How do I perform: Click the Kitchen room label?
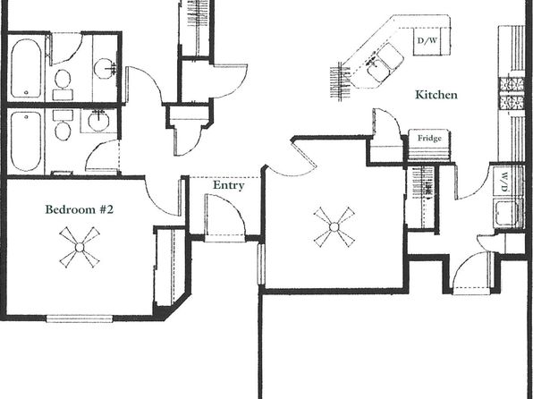pos(436,95)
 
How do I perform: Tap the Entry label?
pos(228,185)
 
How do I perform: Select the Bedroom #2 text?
pos(80,209)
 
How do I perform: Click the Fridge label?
pos(429,138)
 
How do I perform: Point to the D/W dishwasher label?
pos(427,41)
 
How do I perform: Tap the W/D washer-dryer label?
pos(504,182)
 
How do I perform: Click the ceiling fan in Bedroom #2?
pos(80,247)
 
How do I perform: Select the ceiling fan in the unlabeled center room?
pos(334,227)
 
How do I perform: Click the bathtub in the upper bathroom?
pos(26,68)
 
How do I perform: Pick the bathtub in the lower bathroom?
pos(26,141)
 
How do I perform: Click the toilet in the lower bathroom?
pos(63,125)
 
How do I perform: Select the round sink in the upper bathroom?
pos(105,69)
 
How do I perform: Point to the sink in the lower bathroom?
pos(98,121)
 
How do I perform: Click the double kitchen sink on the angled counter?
pos(385,63)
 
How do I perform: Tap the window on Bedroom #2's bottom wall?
pos(80,318)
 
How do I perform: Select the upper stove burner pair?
pos(512,85)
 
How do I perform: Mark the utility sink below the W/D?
pos(505,214)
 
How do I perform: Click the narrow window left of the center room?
pos(261,264)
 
